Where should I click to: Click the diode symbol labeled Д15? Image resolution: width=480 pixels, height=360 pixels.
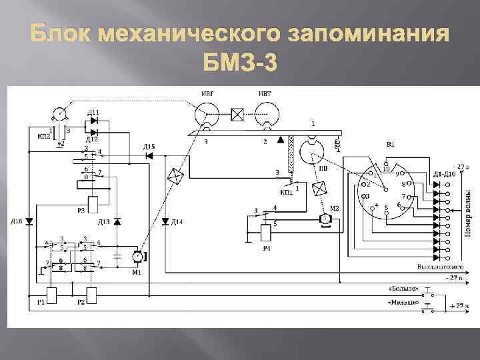click(149, 155)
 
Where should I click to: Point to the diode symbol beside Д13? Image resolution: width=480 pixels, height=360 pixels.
click(117, 221)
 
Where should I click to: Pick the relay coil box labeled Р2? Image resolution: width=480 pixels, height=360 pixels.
click(92, 294)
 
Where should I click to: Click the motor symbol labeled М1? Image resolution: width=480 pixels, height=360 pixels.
click(138, 255)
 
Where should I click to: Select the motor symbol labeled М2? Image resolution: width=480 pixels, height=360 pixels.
click(326, 218)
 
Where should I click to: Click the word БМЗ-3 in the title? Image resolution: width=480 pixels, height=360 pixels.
click(239, 65)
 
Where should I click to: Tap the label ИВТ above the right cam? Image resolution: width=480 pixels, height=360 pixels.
click(265, 94)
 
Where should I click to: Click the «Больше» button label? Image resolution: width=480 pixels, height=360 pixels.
click(403, 289)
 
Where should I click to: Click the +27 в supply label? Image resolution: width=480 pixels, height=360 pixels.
click(458, 305)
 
